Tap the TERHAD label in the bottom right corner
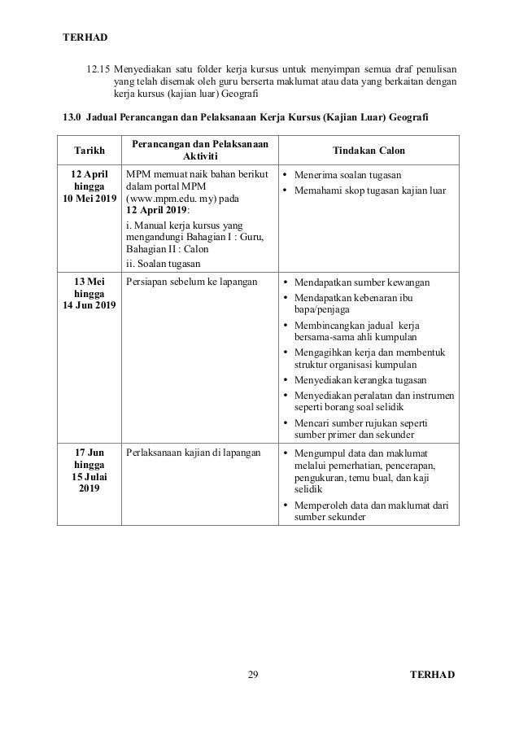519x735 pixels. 434,675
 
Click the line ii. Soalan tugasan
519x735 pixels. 159,263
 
